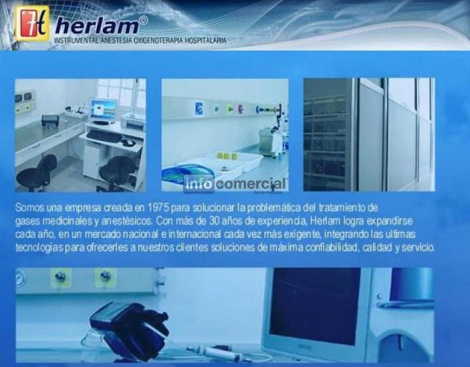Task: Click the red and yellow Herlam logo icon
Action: pos(32,23)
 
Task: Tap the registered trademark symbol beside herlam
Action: pos(144,20)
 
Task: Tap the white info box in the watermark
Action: pos(198,184)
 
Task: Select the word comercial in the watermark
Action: pos(250,183)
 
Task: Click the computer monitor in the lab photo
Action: pos(103,111)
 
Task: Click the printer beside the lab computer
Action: pos(133,120)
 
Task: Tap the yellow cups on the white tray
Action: pos(227,156)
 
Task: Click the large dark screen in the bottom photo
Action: pos(315,305)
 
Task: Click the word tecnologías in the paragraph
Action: pos(39,248)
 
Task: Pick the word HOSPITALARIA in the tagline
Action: pos(206,40)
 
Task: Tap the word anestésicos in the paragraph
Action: pos(127,221)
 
